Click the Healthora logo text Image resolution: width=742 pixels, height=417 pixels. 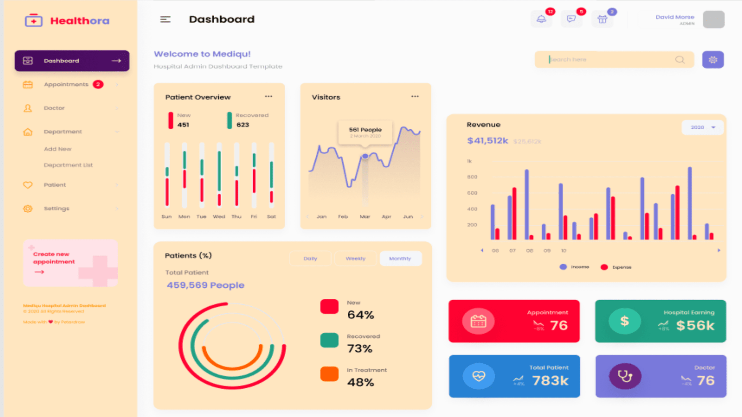pos(79,21)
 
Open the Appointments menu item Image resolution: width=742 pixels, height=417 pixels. pos(66,84)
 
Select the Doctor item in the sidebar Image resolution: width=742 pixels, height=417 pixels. pos(54,108)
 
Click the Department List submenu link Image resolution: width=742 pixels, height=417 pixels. pos(68,165)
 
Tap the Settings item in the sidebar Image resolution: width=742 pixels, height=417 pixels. pos(56,208)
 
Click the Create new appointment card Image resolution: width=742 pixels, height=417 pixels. pos(70,263)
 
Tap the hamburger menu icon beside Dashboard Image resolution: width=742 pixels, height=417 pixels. pos(165,19)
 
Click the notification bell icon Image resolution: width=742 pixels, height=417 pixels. pos(541,19)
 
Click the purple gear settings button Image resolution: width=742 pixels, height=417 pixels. pos(713,60)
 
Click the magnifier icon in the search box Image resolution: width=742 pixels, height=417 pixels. pos(680,60)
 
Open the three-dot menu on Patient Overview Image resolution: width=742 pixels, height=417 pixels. pos(269,96)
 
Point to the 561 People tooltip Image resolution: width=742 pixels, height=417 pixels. pos(365,132)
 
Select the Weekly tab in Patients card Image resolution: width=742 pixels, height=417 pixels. pos(355,259)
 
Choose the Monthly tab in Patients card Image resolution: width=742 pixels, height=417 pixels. pos(400,259)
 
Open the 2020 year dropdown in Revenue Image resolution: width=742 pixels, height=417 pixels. pos(702,127)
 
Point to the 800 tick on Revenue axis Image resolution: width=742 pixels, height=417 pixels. pos(472,177)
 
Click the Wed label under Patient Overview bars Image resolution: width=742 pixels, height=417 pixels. pos(219,217)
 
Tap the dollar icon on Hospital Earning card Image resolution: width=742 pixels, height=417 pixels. pos(625,321)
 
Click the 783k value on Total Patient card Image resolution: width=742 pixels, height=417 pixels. pos(550,381)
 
